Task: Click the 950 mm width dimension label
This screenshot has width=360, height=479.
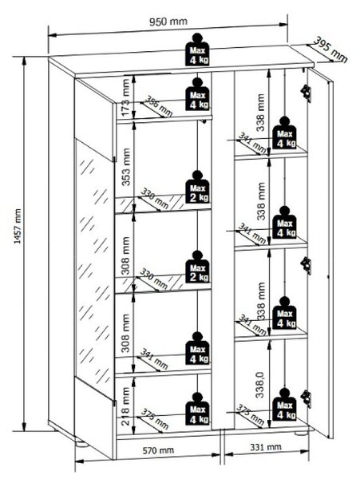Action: pyautogui.click(x=168, y=22)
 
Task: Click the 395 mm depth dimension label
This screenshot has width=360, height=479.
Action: pyautogui.click(x=331, y=49)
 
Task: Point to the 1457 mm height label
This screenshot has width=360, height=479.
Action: pyautogui.click(x=18, y=227)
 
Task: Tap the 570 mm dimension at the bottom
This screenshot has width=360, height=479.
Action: pyautogui.click(x=158, y=450)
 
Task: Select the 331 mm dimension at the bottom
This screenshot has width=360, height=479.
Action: pyautogui.click(x=266, y=447)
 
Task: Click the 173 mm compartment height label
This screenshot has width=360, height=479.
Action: pyautogui.click(x=126, y=97)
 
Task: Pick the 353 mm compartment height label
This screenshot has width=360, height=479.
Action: pyautogui.click(x=126, y=167)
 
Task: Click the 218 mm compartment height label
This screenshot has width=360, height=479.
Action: pyautogui.click(x=126, y=406)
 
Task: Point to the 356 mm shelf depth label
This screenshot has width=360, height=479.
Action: pyautogui.click(x=158, y=106)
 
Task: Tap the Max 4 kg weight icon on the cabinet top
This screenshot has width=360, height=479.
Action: pyautogui.click(x=197, y=49)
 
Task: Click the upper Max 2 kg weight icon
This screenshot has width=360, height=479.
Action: pyautogui.click(x=197, y=187)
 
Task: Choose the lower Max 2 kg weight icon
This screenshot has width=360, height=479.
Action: pyautogui.click(x=197, y=267)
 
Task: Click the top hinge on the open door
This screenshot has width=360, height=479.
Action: pyautogui.click(x=306, y=93)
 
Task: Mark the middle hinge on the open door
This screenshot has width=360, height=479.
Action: pyautogui.click(x=306, y=265)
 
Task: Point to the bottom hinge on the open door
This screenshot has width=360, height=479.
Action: pyautogui.click(x=306, y=398)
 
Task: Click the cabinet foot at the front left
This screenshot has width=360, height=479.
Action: pyautogui.click(x=81, y=443)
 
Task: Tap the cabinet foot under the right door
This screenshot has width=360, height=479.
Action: pyautogui.click(x=301, y=433)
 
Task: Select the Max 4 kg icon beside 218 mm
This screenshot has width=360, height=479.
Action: pyautogui.click(x=197, y=409)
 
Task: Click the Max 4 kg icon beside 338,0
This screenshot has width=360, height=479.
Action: pyautogui.click(x=285, y=405)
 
